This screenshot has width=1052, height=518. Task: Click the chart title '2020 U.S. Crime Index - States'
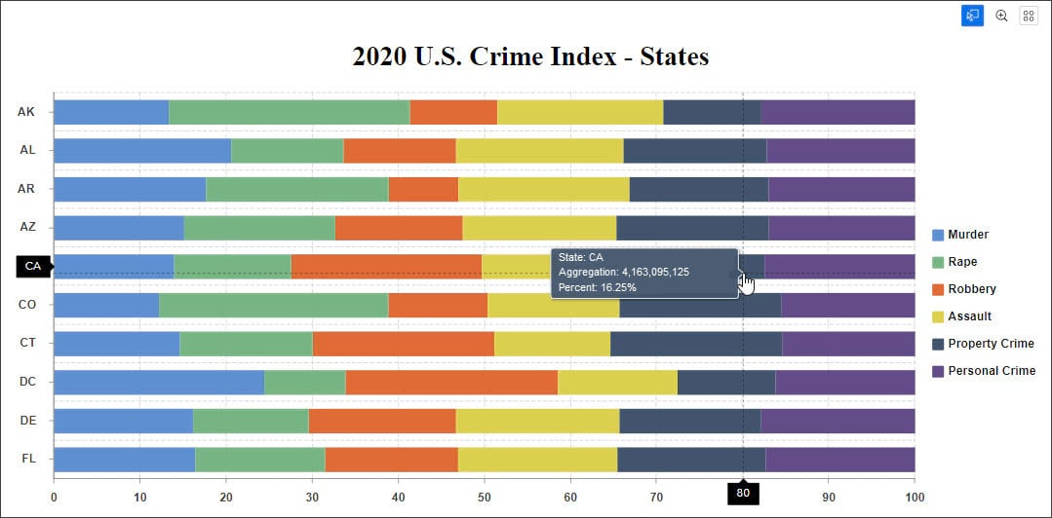(530, 56)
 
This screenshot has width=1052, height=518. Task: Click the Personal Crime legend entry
(991, 371)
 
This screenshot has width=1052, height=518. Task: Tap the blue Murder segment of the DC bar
(158, 382)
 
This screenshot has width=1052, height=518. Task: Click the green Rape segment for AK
(289, 112)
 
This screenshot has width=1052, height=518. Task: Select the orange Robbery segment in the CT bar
(403, 344)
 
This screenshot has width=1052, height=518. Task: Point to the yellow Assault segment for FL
(537, 459)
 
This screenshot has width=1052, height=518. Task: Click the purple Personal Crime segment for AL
(840, 151)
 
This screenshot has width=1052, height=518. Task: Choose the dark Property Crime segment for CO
(700, 305)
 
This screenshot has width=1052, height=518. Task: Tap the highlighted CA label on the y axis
(33, 266)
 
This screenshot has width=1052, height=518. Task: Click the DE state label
(27, 420)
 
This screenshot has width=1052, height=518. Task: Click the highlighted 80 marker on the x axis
(743, 494)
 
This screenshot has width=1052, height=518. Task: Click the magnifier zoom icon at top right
(1001, 16)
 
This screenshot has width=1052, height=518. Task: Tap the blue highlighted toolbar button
(972, 16)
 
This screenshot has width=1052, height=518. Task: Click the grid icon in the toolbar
(1029, 16)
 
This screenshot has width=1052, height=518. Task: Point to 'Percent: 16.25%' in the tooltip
(598, 287)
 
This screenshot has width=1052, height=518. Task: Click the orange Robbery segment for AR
(423, 189)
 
